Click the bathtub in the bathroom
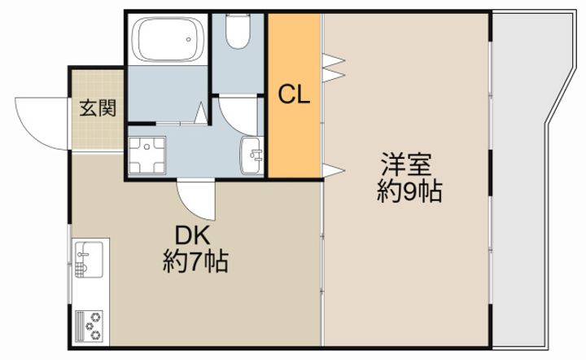click(168, 39)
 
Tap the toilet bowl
click(238, 32)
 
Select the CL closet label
click(294, 95)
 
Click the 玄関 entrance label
click(98, 108)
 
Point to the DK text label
click(193, 236)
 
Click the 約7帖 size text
click(195, 261)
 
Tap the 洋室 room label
click(407, 165)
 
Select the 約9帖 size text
click(409, 191)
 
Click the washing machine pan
click(146, 155)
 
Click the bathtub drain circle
click(189, 39)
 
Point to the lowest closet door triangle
click(333, 170)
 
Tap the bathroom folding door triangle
click(201, 112)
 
